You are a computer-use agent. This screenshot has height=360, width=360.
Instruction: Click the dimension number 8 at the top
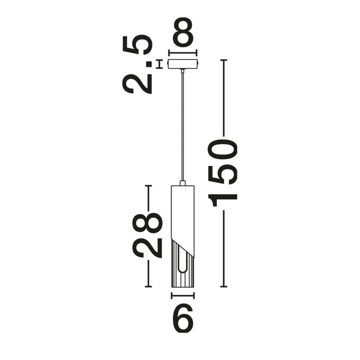point(183,32)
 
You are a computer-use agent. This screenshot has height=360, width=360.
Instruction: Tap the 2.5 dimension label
point(138,64)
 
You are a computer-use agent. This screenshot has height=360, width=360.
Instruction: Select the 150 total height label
point(222,172)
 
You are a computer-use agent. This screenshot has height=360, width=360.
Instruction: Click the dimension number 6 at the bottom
point(183,318)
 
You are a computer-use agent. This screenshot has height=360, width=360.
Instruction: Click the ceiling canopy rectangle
point(183,64)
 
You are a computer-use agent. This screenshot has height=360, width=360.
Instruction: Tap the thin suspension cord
point(183,126)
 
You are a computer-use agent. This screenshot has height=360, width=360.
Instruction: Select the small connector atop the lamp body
point(183,183)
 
